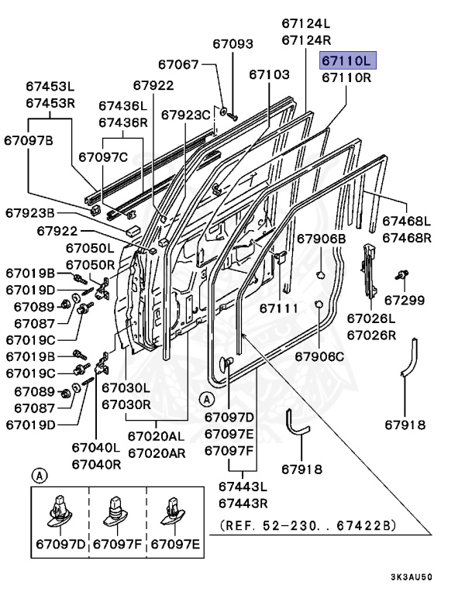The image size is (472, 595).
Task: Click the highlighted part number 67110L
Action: [346, 60]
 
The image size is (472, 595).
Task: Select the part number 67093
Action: [232, 45]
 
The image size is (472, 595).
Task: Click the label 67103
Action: [270, 74]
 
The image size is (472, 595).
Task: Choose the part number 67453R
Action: [50, 103]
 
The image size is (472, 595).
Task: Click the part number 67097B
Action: [29, 140]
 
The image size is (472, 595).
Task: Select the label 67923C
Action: [186, 115]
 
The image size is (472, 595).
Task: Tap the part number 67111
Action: [278, 308]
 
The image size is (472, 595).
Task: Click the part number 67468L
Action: [407, 221]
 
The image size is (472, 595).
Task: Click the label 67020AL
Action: [157, 436]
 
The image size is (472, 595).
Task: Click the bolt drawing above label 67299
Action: [401, 274]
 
